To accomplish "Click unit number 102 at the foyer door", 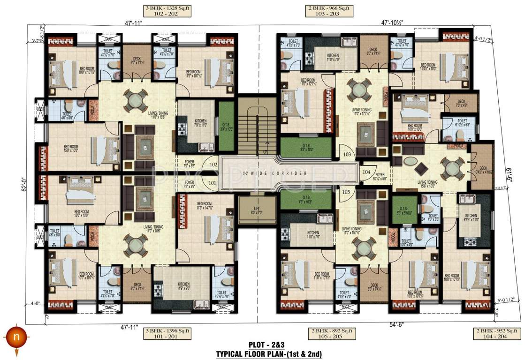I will click(213, 165).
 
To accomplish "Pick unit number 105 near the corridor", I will click(347, 191).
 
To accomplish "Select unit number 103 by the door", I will click(347, 154).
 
